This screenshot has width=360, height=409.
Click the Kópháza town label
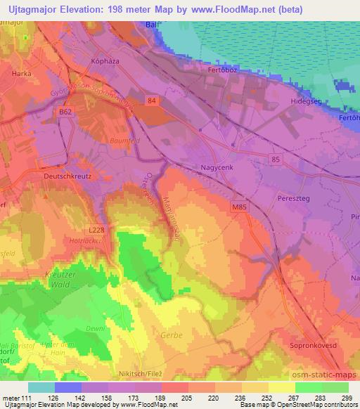click(107, 62)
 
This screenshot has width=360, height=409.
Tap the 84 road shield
click(153, 102)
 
